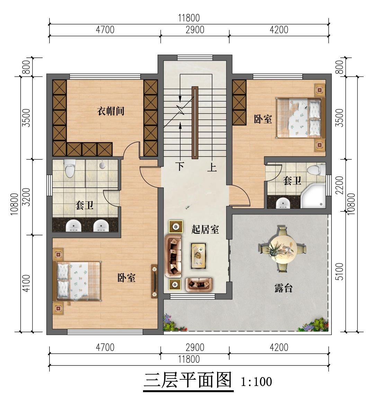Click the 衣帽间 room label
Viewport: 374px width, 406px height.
110,111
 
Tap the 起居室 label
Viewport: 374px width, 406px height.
205,229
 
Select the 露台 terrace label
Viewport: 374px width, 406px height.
283,288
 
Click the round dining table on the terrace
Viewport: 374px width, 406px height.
282,249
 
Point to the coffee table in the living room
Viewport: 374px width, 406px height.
198,256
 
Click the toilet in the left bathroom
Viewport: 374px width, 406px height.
69,168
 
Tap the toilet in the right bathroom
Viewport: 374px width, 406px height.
316,170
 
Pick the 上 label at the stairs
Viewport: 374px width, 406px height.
212,167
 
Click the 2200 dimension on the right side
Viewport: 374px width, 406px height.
339,185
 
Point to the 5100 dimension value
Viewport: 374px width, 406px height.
339,271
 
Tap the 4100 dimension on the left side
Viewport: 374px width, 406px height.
27,283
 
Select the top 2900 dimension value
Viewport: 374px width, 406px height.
195,30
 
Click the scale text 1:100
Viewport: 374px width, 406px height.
256,382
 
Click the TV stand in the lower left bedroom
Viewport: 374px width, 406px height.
154,281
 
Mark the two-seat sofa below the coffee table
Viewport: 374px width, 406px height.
199,283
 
